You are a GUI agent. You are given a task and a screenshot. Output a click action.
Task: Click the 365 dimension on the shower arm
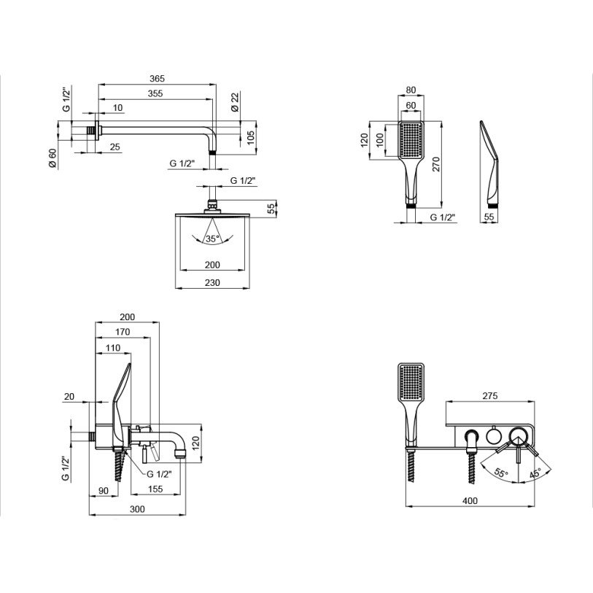click(157, 79)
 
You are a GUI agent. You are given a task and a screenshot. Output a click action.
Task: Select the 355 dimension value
click(154, 94)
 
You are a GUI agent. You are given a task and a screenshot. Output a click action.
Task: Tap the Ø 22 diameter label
click(235, 103)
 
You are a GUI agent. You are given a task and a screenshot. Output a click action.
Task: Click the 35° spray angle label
click(212, 239)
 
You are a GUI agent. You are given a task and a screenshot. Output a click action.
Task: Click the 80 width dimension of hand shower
click(411, 91)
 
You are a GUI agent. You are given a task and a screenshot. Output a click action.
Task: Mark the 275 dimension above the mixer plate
click(489, 396)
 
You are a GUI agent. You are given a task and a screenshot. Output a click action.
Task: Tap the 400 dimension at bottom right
click(470, 501)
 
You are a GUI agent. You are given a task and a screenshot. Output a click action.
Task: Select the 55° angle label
click(500, 473)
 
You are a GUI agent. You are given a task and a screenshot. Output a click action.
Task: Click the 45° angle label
click(535, 472)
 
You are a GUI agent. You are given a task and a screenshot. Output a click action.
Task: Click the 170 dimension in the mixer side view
click(123, 333)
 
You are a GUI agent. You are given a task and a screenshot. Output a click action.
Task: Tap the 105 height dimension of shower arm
click(249, 137)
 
